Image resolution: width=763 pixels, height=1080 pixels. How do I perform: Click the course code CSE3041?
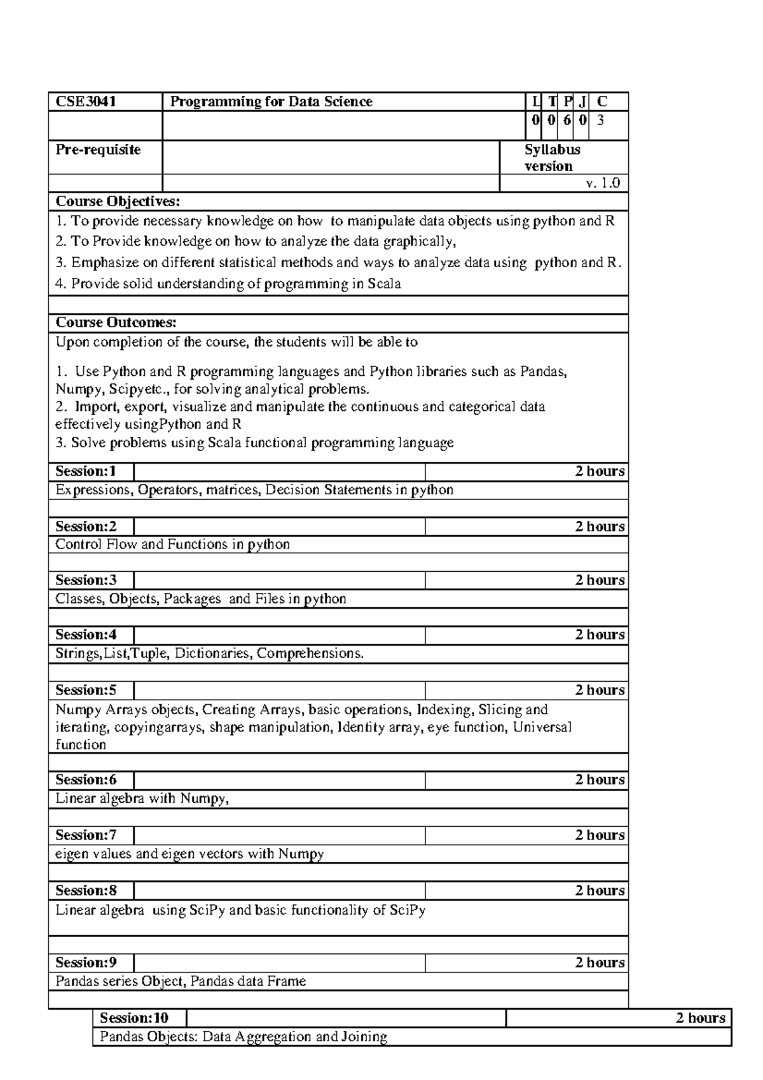click(86, 102)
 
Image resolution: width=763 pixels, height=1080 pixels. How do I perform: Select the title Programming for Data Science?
click(271, 102)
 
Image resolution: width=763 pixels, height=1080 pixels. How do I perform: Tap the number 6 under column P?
click(567, 119)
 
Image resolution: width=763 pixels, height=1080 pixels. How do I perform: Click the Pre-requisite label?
click(98, 150)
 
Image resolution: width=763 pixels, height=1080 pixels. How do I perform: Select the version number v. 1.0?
click(603, 183)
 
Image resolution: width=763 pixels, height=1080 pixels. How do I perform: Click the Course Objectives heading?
click(118, 202)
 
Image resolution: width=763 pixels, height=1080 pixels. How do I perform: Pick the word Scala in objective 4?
click(384, 284)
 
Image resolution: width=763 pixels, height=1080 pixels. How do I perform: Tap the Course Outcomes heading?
click(116, 322)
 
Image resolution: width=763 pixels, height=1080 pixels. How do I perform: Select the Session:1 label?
click(86, 471)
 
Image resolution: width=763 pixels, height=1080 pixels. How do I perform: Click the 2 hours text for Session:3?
click(600, 580)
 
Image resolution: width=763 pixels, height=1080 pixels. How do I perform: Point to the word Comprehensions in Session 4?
click(310, 653)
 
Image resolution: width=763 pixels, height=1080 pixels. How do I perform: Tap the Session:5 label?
click(86, 690)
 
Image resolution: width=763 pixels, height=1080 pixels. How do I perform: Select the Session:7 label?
click(86, 835)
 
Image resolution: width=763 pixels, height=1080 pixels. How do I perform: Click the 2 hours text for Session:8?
click(600, 890)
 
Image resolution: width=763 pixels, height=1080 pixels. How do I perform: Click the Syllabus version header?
click(552, 158)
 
